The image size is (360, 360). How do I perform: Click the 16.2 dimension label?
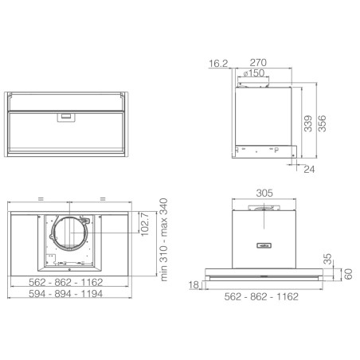pos(218,64)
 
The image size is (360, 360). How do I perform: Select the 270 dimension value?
pos(258,63)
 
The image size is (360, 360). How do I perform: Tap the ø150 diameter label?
pos(254,73)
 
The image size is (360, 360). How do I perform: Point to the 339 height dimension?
pos(308,123)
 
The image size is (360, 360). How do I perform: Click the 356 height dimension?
pos(322,123)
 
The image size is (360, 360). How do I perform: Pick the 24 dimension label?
pos(309,170)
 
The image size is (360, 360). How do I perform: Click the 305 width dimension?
pos(264,193)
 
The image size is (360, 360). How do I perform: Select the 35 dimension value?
pos(328,259)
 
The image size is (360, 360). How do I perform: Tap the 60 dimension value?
pos(348,274)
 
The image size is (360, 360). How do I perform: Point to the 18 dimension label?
pos(194,285)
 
